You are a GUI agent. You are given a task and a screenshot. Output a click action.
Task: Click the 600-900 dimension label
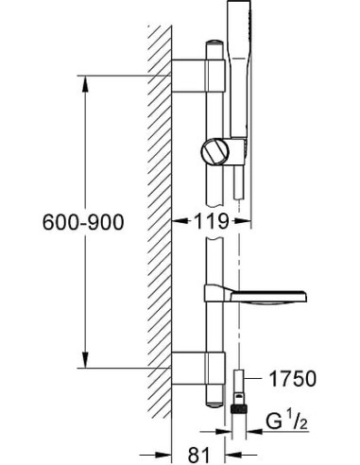(83, 222)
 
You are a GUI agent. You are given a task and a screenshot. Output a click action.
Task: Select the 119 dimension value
(212, 221)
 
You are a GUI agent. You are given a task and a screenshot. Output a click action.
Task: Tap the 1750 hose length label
(292, 378)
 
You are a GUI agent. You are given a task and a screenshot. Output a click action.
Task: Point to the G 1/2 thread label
(286, 422)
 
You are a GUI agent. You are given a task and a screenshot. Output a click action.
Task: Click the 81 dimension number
(198, 455)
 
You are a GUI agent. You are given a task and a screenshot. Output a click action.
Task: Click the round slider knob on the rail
(214, 151)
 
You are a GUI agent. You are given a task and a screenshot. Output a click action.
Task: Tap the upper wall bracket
(198, 76)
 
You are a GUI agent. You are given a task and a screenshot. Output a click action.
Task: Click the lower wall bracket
(198, 368)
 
